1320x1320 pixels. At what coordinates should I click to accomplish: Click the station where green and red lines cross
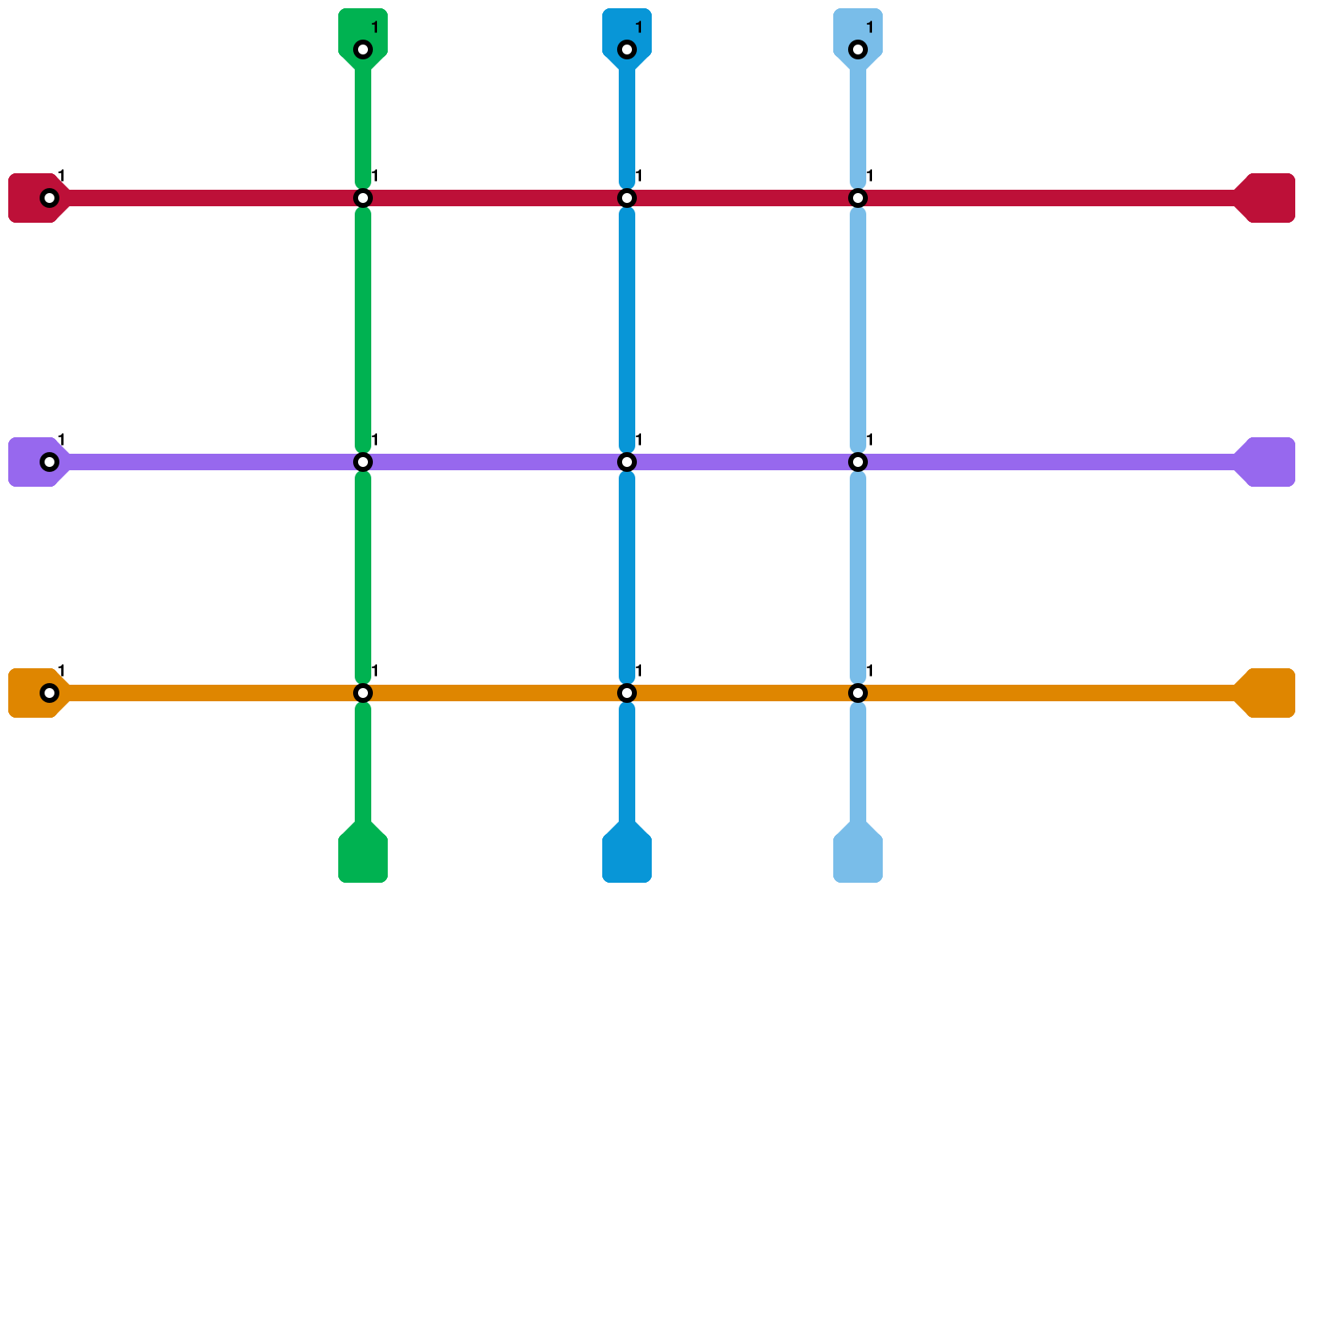[x=363, y=198]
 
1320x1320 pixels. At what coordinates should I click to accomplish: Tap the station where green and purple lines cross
[x=363, y=462]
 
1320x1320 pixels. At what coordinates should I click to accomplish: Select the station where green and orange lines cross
[x=363, y=693]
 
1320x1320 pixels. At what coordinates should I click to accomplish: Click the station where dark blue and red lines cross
[x=627, y=198]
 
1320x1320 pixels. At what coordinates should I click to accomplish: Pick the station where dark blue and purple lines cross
[x=627, y=462]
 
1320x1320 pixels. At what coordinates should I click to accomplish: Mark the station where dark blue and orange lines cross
[x=627, y=693]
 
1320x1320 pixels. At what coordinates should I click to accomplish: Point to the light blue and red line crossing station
[x=858, y=198]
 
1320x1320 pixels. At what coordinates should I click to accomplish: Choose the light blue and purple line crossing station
[x=858, y=462]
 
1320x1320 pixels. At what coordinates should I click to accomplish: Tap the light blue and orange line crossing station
[x=858, y=693]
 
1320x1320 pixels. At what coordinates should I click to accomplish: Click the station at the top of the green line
[x=363, y=49]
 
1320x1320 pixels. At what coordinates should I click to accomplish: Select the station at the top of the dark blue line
[x=627, y=49]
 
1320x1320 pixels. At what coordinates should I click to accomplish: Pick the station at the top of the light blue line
[x=858, y=49]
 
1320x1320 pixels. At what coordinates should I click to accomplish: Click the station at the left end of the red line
[x=49, y=198]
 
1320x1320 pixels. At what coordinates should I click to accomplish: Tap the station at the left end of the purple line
[x=49, y=462]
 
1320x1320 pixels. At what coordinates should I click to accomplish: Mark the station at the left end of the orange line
[x=49, y=693]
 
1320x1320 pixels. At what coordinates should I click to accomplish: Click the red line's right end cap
[x=1270, y=198]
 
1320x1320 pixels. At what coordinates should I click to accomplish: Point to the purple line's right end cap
[x=1270, y=462]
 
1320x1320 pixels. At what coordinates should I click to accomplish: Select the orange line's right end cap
[x=1270, y=693]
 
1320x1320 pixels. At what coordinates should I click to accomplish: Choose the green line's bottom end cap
[x=363, y=858]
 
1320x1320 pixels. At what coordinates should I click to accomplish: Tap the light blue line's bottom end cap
[x=858, y=858]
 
